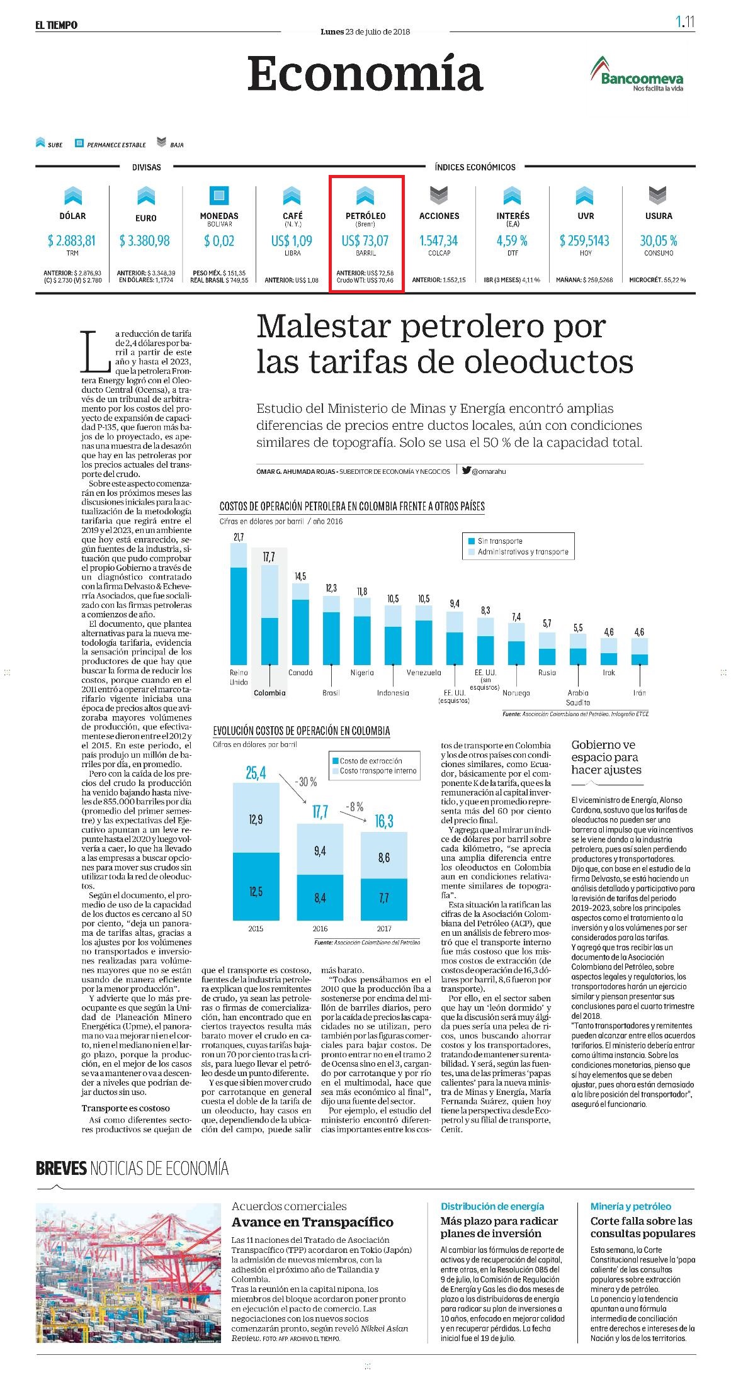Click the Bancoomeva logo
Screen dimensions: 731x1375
point(637,74)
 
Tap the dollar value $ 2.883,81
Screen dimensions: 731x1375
point(72,240)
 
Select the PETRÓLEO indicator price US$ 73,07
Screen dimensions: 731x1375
point(365,240)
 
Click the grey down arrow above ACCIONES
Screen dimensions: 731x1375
point(439,196)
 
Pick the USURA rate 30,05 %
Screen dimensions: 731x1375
point(659,240)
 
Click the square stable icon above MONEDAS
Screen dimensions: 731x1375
point(219,195)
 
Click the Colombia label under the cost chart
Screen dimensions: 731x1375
point(269,693)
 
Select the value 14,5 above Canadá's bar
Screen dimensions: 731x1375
point(300,576)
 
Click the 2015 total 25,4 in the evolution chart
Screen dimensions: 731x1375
point(256,772)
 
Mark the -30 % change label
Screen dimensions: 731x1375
point(306,782)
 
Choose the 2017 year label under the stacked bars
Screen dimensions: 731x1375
point(384,928)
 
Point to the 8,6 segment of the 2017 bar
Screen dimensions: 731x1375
point(384,857)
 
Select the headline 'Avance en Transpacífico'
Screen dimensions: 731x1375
point(312,1222)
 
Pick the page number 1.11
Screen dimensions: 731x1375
point(685,22)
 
